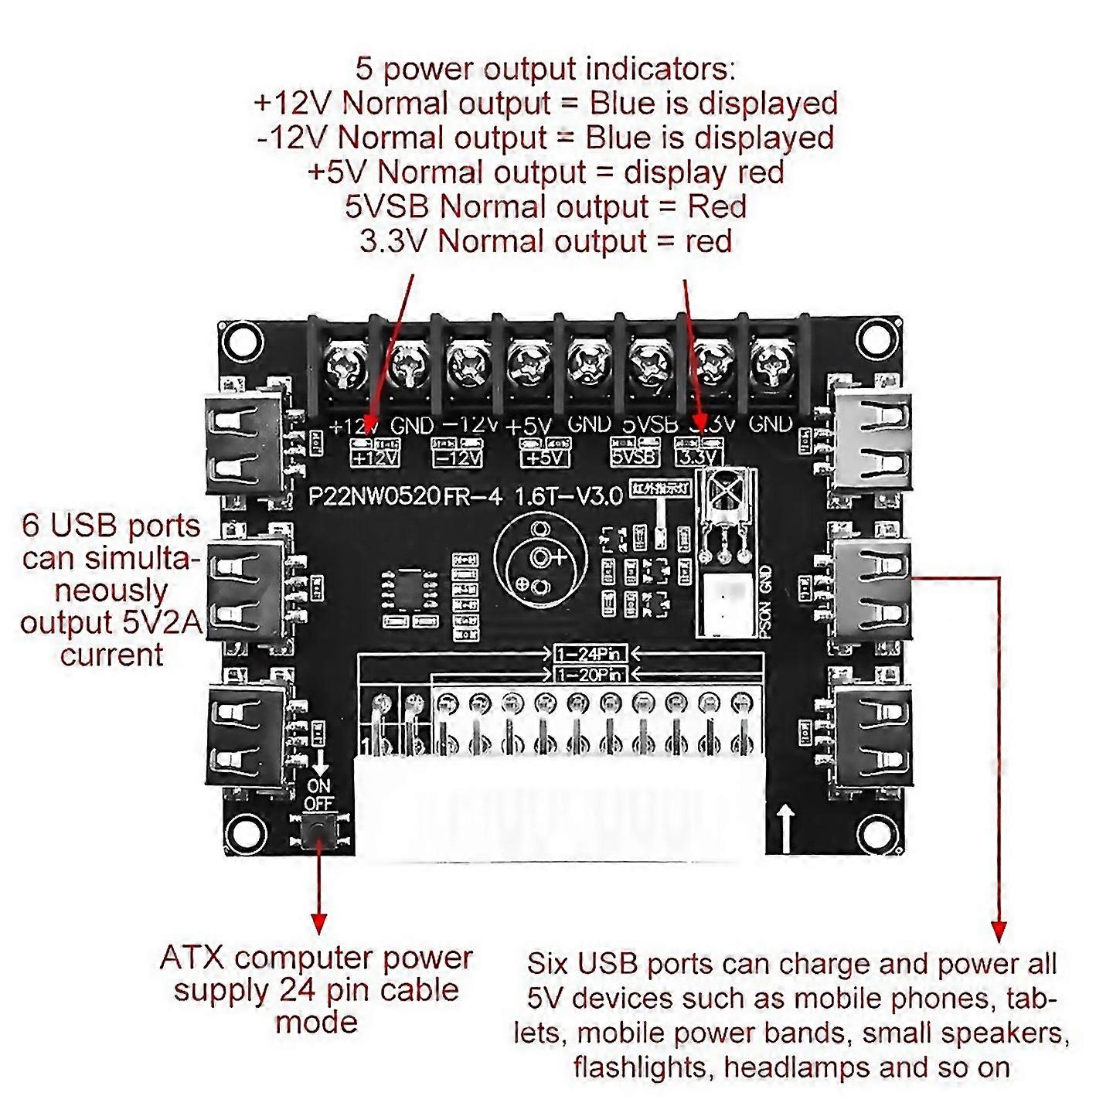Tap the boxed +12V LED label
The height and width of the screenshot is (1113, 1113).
click(x=375, y=458)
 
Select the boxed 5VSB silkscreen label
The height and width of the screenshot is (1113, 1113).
click(x=635, y=457)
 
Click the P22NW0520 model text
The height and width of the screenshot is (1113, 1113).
click(x=375, y=495)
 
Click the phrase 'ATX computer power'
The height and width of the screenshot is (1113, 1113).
click(x=316, y=958)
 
